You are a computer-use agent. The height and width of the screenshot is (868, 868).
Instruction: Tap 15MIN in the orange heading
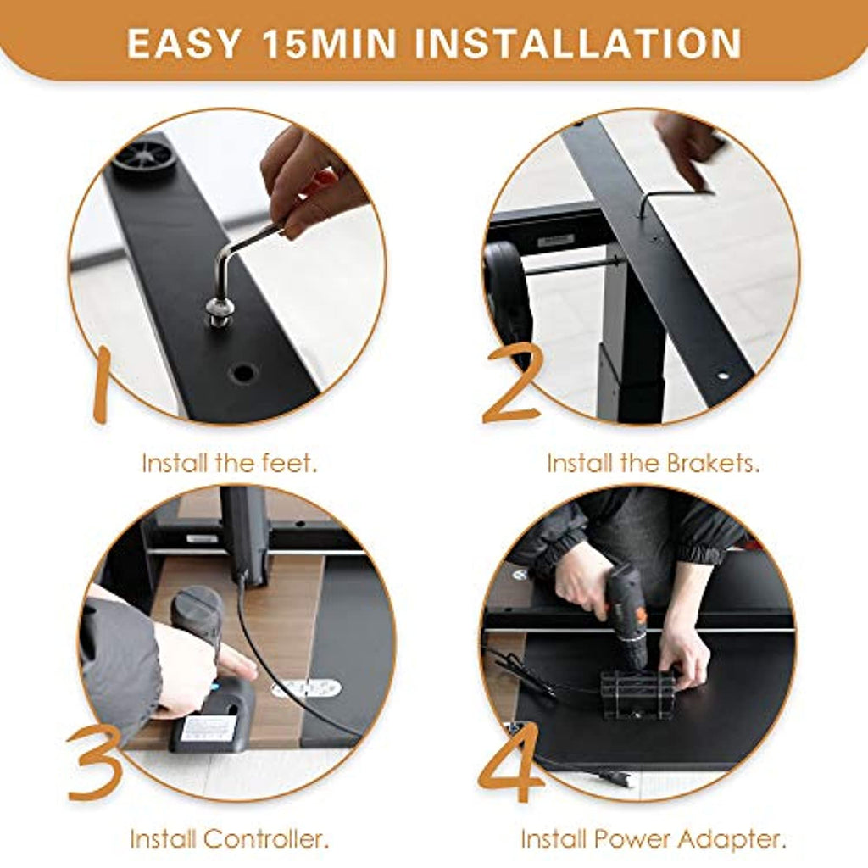tap(330, 43)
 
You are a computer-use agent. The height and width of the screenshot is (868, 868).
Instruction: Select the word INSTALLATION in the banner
tap(578, 43)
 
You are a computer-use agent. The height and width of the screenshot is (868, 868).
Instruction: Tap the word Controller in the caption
tap(265, 839)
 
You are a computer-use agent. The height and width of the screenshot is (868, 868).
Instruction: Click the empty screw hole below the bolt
tap(243, 373)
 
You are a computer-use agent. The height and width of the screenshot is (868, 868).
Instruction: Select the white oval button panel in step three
tap(306, 688)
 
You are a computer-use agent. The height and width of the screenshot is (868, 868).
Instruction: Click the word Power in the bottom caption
tap(632, 839)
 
